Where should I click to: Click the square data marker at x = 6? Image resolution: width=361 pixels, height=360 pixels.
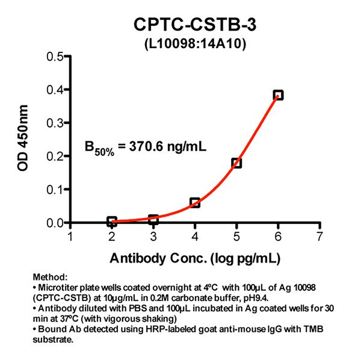click(278, 95)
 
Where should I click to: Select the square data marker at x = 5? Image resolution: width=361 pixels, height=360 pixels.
click(236, 163)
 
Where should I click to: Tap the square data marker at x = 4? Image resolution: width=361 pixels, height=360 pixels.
click(195, 203)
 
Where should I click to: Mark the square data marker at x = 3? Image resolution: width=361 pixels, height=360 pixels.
click(153, 220)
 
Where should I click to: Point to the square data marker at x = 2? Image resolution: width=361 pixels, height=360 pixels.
click(112, 222)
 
